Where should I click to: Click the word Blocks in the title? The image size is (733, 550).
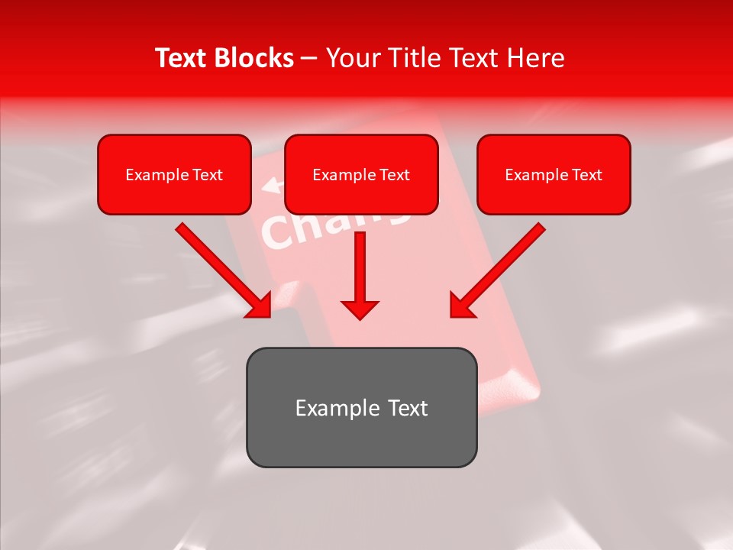coord(254,58)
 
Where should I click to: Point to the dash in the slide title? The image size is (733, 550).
coord(309,59)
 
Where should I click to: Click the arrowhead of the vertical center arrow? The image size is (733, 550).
coord(360,309)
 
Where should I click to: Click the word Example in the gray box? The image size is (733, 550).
coord(327,408)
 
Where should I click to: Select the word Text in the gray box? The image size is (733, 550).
coord(407,408)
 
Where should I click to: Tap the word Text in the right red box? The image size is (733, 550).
coord(587,175)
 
